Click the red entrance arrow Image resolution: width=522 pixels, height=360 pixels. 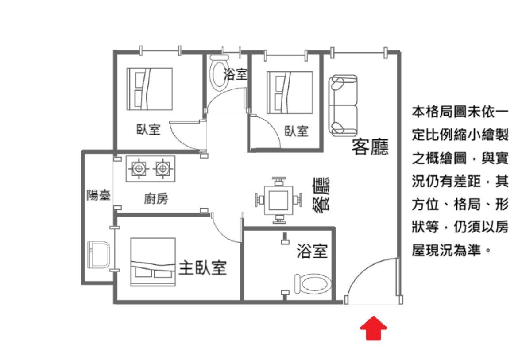pyautogui.click(x=374, y=328)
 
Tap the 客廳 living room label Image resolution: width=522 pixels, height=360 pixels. pyautogui.click(x=370, y=147)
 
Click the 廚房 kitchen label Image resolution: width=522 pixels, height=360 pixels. pyautogui.click(x=156, y=199)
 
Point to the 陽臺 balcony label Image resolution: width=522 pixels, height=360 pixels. pyautogui.click(x=99, y=195)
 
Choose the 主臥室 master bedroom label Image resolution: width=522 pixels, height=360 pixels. pyautogui.click(x=203, y=268)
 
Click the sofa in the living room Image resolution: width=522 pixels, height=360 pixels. pyautogui.click(x=343, y=105)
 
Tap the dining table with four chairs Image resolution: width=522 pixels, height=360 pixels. pyautogui.click(x=278, y=200)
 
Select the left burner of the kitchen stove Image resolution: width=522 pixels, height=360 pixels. pyautogui.click(x=139, y=168)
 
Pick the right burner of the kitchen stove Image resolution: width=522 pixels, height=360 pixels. pyautogui.click(x=163, y=168)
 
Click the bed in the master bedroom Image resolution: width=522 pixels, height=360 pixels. pyautogui.click(x=153, y=262)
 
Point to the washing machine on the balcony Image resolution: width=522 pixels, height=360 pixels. pyautogui.click(x=99, y=255)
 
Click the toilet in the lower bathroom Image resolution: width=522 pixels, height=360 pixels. pyautogui.click(x=312, y=284)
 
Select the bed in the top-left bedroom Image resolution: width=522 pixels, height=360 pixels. pyautogui.click(x=150, y=89)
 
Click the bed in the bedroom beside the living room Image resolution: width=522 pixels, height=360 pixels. pyautogui.click(x=290, y=93)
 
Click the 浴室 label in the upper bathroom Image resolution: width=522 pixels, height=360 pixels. pyautogui.click(x=236, y=74)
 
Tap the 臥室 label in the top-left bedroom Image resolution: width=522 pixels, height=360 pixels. pyautogui.click(x=148, y=129)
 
